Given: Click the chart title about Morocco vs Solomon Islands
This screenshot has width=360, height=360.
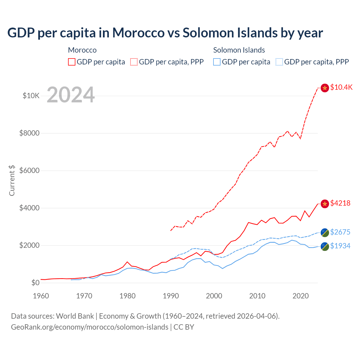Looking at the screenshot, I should (x=165, y=33).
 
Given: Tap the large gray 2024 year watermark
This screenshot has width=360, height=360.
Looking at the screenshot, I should (x=71, y=95).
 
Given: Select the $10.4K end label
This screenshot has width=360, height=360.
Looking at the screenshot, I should (x=341, y=87).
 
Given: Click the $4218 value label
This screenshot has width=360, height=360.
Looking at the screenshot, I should (x=340, y=203).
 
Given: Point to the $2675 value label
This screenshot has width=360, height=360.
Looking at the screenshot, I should (x=340, y=232).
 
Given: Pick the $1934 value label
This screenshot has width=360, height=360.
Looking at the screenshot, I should (x=340, y=246).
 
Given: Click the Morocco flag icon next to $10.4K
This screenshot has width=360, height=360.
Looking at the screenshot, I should (x=325, y=88).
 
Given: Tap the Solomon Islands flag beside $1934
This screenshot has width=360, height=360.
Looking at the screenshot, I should (x=325, y=247).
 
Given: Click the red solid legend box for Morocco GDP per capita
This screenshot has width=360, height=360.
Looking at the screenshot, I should (x=72, y=62).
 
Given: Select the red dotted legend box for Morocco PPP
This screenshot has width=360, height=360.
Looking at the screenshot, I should (x=134, y=62).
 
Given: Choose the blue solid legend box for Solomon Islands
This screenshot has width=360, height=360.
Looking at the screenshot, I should (x=217, y=62).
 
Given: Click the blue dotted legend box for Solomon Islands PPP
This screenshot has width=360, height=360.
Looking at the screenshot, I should (x=279, y=62).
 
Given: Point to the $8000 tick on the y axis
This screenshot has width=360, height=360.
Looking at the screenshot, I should (x=29, y=133).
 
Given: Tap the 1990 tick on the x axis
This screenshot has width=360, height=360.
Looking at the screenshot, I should (x=171, y=296).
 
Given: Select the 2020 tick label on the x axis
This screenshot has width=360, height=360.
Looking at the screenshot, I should (x=301, y=296).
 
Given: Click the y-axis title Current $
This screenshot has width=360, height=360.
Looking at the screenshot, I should (x=12, y=180).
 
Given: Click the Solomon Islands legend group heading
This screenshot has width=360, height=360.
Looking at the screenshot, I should (x=239, y=50).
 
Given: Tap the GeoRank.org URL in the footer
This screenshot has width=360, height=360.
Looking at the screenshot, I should (x=89, y=327).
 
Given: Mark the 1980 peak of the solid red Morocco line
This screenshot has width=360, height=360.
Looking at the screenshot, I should (x=127, y=262).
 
